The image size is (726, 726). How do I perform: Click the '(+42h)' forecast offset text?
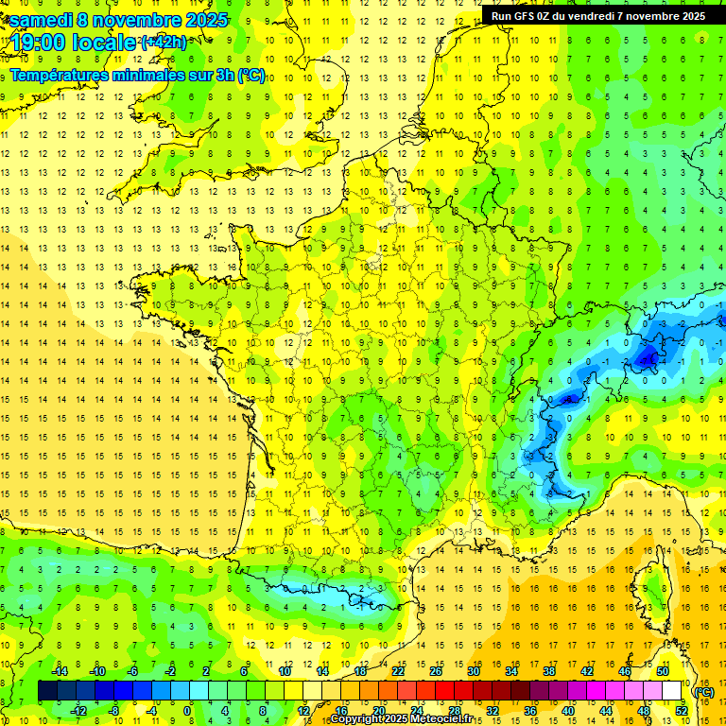coord(164,42)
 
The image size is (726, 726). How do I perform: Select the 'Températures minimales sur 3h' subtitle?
coord(123,75)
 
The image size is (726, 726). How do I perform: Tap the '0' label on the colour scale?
coord(187,711)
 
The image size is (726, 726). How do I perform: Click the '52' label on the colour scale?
coord(682,711)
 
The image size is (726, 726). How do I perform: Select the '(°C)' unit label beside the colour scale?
coord(703,691)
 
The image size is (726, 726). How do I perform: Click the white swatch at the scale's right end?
coord(672,691)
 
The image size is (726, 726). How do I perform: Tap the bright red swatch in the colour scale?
coord(445,691)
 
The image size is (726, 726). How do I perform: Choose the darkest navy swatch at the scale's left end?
coord(48,691)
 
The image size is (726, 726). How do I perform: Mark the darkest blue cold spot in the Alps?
coord(648,357)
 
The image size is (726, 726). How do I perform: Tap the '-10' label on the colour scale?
coord(95,670)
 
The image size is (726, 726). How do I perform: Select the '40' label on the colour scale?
coord(568,711)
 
